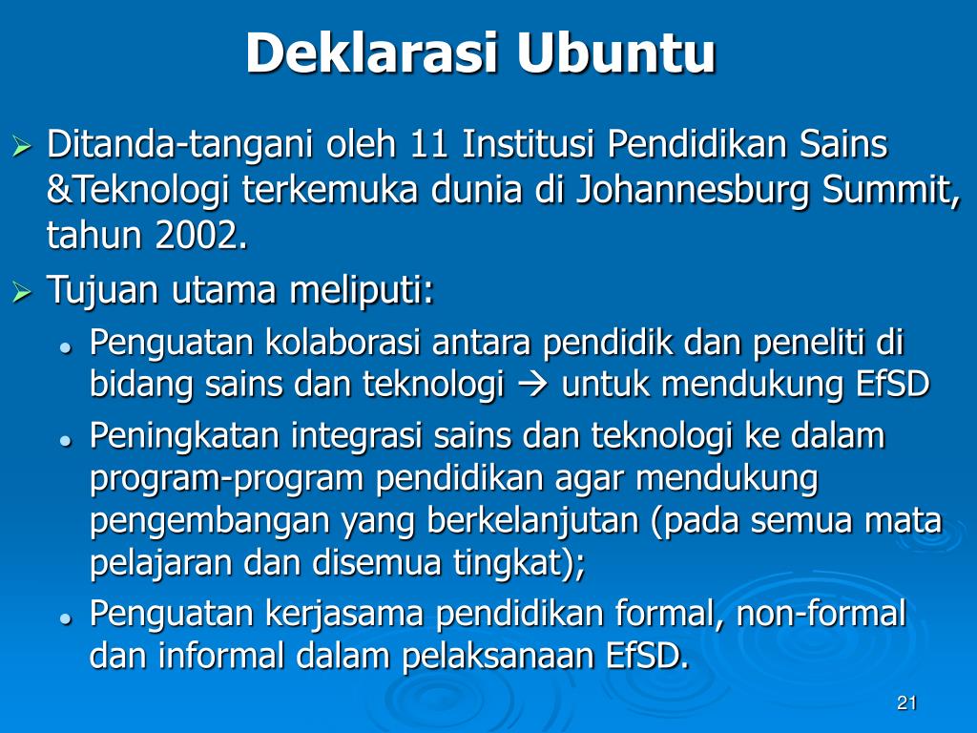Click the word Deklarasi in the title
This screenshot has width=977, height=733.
pos(373,53)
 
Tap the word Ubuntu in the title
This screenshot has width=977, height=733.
pos(615,53)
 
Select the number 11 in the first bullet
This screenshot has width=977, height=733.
pos(429,144)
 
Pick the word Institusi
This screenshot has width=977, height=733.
pos(529,144)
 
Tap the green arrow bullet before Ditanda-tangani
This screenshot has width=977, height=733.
pos(22,148)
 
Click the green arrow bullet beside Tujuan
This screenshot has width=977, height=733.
pos(22,292)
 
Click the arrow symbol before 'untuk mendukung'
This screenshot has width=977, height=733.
pos(532,385)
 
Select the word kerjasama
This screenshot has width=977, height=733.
pos(344,615)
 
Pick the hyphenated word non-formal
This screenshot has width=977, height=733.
pos(821,613)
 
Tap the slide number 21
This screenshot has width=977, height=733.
pos(906,703)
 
